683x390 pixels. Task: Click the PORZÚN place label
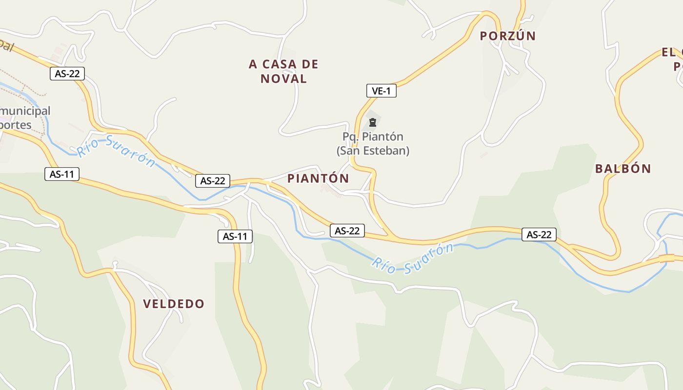pyautogui.click(x=508, y=36)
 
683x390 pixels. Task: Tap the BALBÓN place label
pyautogui.click(x=623, y=169)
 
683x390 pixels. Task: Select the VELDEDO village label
pyautogui.click(x=174, y=304)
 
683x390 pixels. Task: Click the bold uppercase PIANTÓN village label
pyautogui.click(x=318, y=178)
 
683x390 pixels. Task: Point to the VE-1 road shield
pyautogui.click(x=382, y=91)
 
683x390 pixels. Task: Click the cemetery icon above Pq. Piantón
pyautogui.click(x=373, y=122)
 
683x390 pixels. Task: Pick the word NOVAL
pyautogui.click(x=283, y=78)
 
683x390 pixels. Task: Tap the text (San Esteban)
pyautogui.click(x=373, y=151)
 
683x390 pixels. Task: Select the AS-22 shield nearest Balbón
pyautogui.click(x=539, y=234)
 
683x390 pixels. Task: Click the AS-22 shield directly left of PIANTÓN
pyautogui.click(x=213, y=181)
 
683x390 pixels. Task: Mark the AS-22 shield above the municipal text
pyautogui.click(x=67, y=74)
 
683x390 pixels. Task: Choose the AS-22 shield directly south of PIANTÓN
pyautogui.click(x=347, y=231)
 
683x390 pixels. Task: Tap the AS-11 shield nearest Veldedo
pyautogui.click(x=235, y=236)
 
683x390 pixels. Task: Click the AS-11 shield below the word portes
pyautogui.click(x=62, y=174)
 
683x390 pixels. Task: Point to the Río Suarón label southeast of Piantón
pyautogui.click(x=412, y=259)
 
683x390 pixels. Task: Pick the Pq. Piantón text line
pyautogui.click(x=373, y=136)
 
